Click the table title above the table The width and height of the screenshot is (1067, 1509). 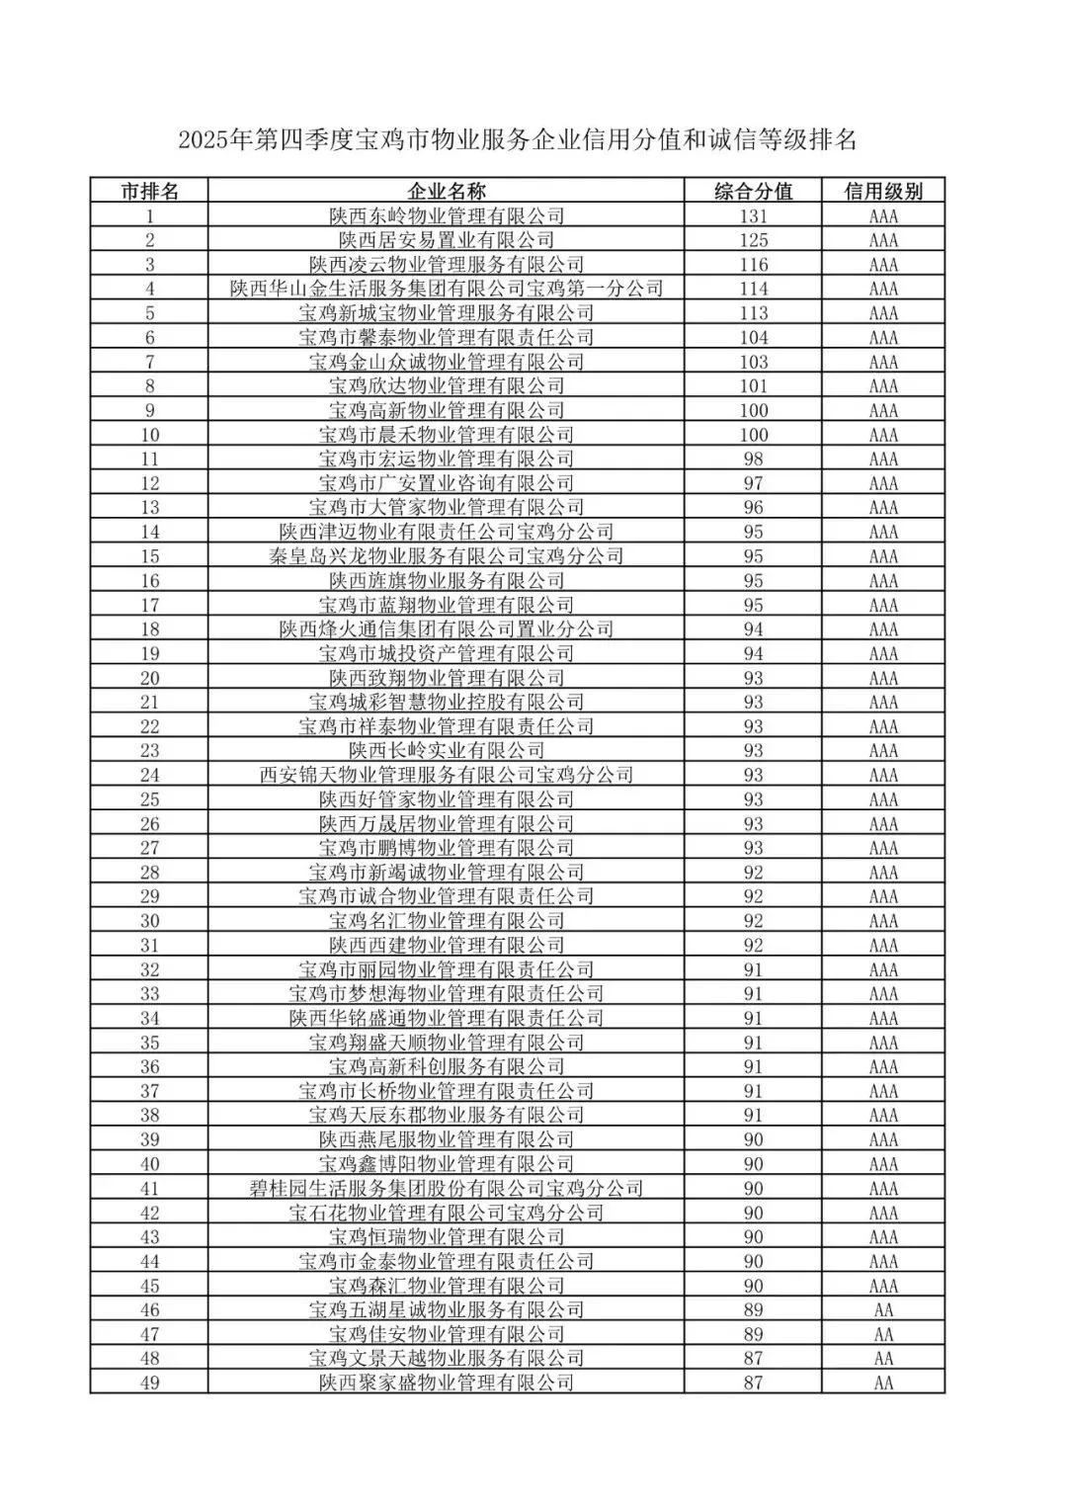(x=517, y=140)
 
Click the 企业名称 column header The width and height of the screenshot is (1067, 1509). (x=446, y=191)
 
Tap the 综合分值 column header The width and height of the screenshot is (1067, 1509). (x=753, y=191)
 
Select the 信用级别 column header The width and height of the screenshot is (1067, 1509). (x=883, y=191)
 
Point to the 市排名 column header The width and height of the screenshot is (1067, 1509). (x=149, y=191)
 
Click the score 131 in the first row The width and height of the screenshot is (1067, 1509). (x=753, y=215)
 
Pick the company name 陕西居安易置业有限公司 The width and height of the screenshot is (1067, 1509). (x=446, y=240)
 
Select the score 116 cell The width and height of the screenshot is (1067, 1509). (x=753, y=264)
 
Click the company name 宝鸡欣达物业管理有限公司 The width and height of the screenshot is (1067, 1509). (x=446, y=385)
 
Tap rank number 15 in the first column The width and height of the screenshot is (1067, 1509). (x=149, y=556)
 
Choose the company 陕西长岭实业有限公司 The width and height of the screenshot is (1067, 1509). (x=446, y=751)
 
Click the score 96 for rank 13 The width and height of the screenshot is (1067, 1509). (x=753, y=507)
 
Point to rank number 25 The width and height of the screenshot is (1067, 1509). (x=149, y=799)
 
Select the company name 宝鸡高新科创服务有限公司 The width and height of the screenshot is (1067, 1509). (x=446, y=1067)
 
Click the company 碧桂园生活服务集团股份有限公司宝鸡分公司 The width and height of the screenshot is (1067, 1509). (x=446, y=1189)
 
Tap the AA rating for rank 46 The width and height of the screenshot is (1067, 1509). (x=883, y=1310)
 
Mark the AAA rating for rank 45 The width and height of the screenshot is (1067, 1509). (x=883, y=1286)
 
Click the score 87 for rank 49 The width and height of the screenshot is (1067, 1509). (x=753, y=1383)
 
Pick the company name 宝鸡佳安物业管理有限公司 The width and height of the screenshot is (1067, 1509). (x=446, y=1334)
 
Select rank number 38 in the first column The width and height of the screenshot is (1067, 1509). (x=149, y=1116)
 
